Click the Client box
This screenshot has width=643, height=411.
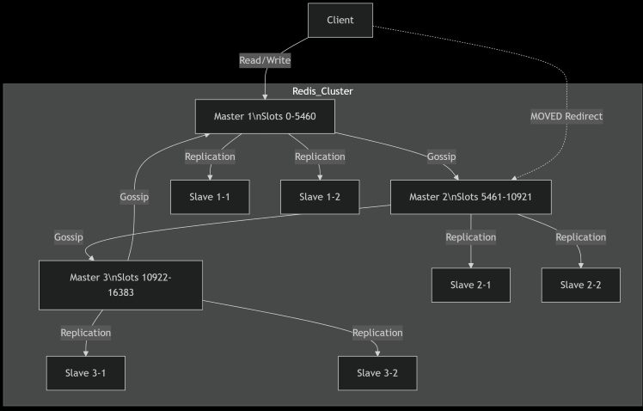(340, 20)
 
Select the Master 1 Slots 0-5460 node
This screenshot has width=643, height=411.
(265, 116)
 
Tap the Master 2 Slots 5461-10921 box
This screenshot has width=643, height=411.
(471, 197)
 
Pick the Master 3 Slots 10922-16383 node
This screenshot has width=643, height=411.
(120, 285)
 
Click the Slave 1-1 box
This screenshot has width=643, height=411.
(210, 197)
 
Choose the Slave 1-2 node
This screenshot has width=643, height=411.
(320, 197)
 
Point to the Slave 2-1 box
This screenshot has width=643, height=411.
(471, 285)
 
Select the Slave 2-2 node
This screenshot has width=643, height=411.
(580, 285)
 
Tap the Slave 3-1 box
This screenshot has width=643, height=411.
(86, 373)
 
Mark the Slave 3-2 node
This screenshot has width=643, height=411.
(377, 373)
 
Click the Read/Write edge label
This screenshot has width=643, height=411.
(265, 61)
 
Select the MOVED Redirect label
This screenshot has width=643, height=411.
(566, 116)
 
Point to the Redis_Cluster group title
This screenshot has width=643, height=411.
(322, 91)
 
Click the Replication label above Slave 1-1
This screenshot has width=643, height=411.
(210, 156)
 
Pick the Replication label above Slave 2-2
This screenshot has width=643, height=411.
(580, 237)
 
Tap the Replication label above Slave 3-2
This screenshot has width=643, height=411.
(377, 333)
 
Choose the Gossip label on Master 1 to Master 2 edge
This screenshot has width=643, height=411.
(441, 156)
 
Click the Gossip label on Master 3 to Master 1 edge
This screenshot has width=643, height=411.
(134, 197)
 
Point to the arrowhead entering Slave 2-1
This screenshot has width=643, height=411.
(471, 266)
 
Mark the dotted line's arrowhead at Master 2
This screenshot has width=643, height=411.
(513, 178)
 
